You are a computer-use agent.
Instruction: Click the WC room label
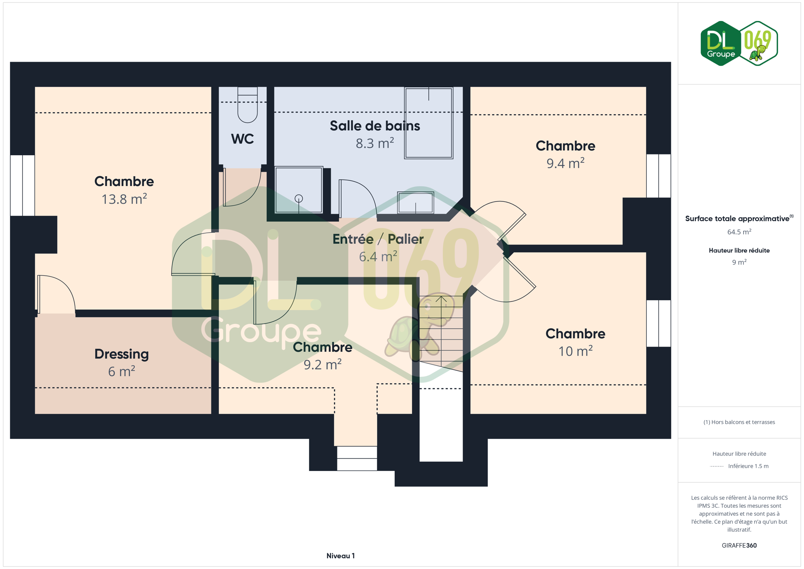(242, 139)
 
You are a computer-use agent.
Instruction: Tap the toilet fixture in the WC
(248, 105)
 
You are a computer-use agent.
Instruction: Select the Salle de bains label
(375, 126)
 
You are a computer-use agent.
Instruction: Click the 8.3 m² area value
(375, 143)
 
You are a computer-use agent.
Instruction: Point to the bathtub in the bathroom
(429, 123)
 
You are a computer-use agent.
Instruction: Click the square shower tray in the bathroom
(299, 190)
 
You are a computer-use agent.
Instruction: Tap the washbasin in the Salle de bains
(416, 203)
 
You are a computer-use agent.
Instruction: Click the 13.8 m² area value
(124, 199)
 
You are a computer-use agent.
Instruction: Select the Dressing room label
(122, 354)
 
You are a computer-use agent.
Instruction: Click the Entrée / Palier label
(378, 239)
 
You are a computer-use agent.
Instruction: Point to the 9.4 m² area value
(565, 163)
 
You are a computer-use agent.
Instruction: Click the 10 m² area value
(575, 351)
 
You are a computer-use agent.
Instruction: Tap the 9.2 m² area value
(322, 364)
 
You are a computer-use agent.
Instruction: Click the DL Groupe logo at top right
(739, 43)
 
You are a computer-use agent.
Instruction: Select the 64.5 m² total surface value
(739, 232)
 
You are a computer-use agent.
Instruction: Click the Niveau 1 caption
(341, 556)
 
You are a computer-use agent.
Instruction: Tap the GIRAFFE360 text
(739, 545)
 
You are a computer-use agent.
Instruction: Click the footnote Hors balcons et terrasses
(739, 422)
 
